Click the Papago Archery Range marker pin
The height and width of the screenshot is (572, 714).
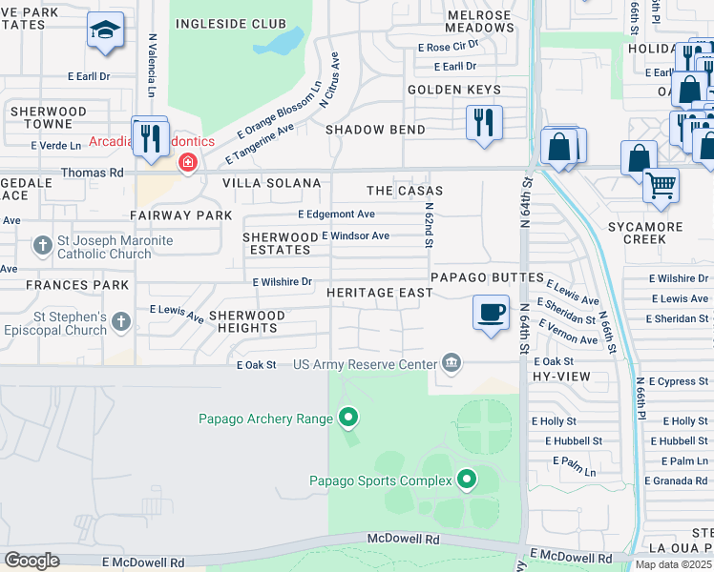click(348, 418)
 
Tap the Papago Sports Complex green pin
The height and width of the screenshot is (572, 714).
click(467, 480)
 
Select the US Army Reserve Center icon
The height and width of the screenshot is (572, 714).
click(451, 363)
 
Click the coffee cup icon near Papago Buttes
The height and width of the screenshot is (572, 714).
click(492, 313)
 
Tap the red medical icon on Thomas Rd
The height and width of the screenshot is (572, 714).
click(187, 163)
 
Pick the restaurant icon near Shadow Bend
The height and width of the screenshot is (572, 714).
click(485, 122)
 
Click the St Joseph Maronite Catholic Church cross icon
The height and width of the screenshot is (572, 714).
click(42, 247)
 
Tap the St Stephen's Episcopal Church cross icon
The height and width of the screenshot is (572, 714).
click(120, 321)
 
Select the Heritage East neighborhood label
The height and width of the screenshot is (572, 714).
click(380, 293)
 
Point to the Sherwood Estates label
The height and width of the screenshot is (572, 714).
click(280, 243)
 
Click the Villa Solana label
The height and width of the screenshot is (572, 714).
click(271, 182)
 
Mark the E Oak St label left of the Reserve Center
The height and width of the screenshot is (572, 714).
click(256, 364)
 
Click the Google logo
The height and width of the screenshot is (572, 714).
click(31, 561)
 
